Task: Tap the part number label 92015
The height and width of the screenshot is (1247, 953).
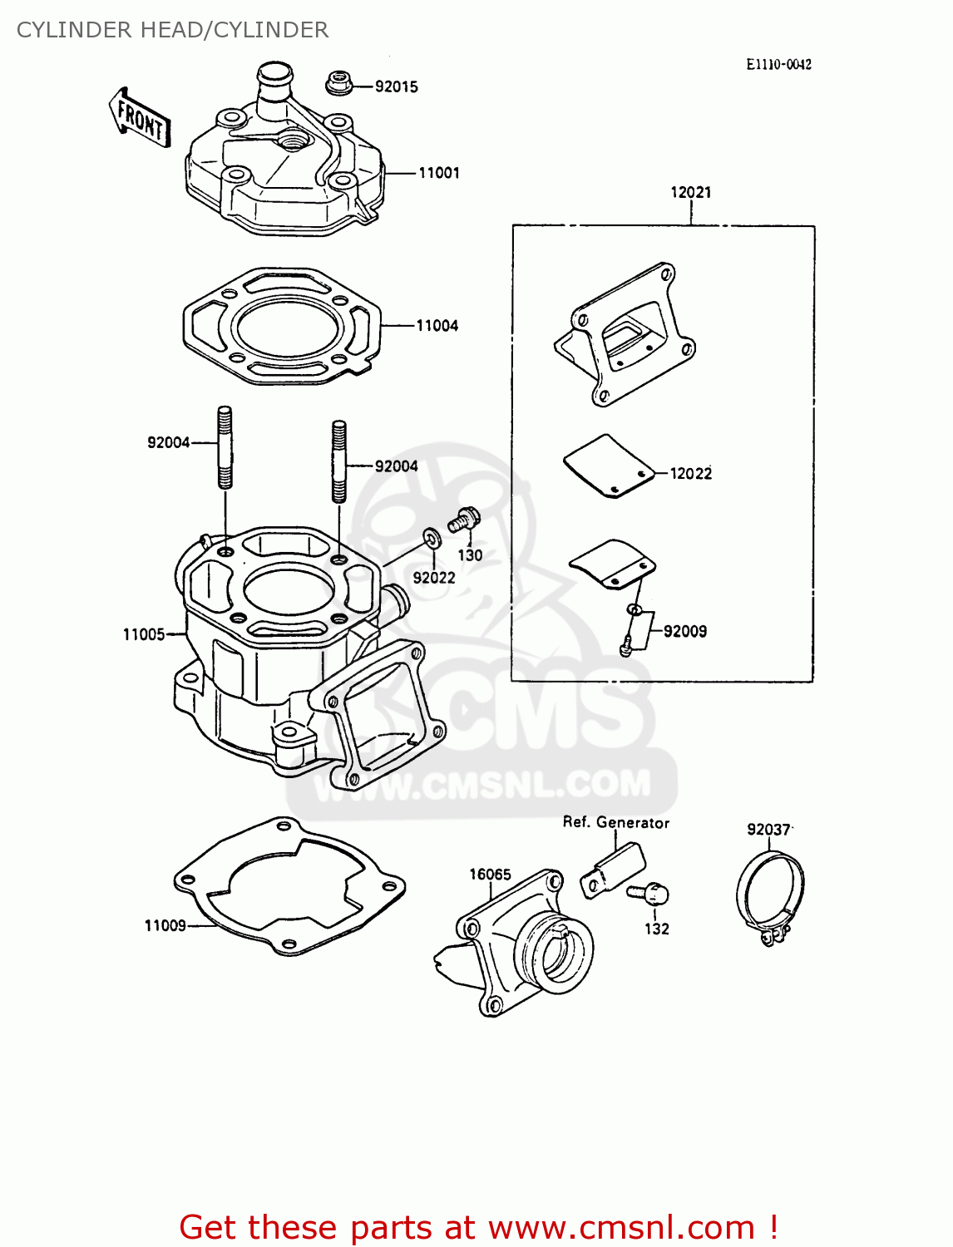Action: pyautogui.click(x=396, y=86)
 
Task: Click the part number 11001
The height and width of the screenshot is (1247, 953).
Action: pyautogui.click(x=438, y=173)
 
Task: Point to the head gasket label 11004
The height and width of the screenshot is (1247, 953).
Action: pyautogui.click(x=437, y=326)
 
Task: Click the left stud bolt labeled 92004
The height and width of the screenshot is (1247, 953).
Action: pyautogui.click(x=225, y=446)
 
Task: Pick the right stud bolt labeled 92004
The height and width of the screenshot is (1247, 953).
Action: pyautogui.click(x=338, y=461)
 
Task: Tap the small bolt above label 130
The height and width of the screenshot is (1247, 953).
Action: pyautogui.click(x=463, y=520)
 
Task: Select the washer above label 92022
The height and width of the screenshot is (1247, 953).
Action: pyautogui.click(x=432, y=538)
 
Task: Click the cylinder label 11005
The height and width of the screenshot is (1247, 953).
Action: pyautogui.click(x=144, y=634)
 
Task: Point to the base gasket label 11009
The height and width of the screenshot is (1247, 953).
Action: pyautogui.click(x=165, y=925)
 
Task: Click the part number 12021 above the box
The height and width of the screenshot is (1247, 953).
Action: pyautogui.click(x=690, y=192)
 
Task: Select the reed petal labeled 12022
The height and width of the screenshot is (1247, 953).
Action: pyautogui.click(x=608, y=466)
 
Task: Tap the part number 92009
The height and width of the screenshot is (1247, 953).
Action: pyautogui.click(x=684, y=631)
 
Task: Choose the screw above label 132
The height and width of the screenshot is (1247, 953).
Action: pyautogui.click(x=649, y=895)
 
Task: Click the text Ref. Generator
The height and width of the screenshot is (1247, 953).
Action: pyautogui.click(x=615, y=822)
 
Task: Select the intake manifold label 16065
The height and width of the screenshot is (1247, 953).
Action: pyautogui.click(x=490, y=874)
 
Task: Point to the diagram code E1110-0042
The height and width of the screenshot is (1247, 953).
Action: pyautogui.click(x=778, y=64)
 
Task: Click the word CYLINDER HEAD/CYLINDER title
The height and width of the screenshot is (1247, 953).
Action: pyautogui.click(x=172, y=30)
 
